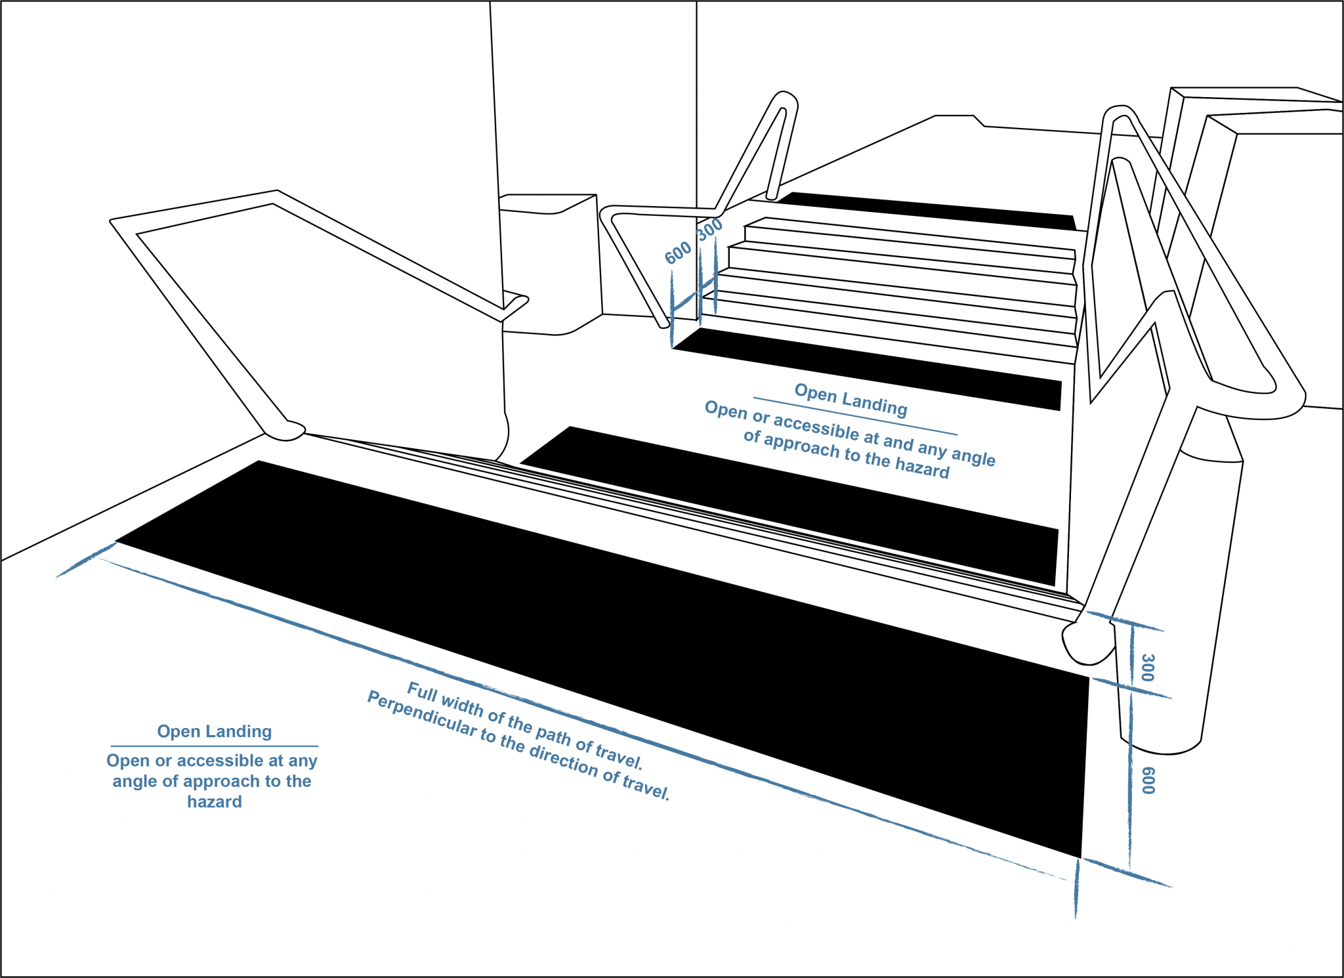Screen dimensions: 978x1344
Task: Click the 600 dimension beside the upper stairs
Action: pos(678,252)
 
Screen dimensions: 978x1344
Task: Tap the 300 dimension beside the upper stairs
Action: pos(709,229)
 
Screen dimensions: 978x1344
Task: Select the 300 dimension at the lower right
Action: pos(1147,667)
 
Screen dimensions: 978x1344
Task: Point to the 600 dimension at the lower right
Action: pos(1148,780)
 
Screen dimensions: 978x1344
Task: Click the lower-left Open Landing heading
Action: pos(214,731)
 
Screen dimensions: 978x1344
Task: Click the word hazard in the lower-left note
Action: pos(214,801)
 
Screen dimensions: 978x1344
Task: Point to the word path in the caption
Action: pos(553,735)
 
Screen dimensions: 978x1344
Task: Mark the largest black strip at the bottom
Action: pos(591,643)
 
